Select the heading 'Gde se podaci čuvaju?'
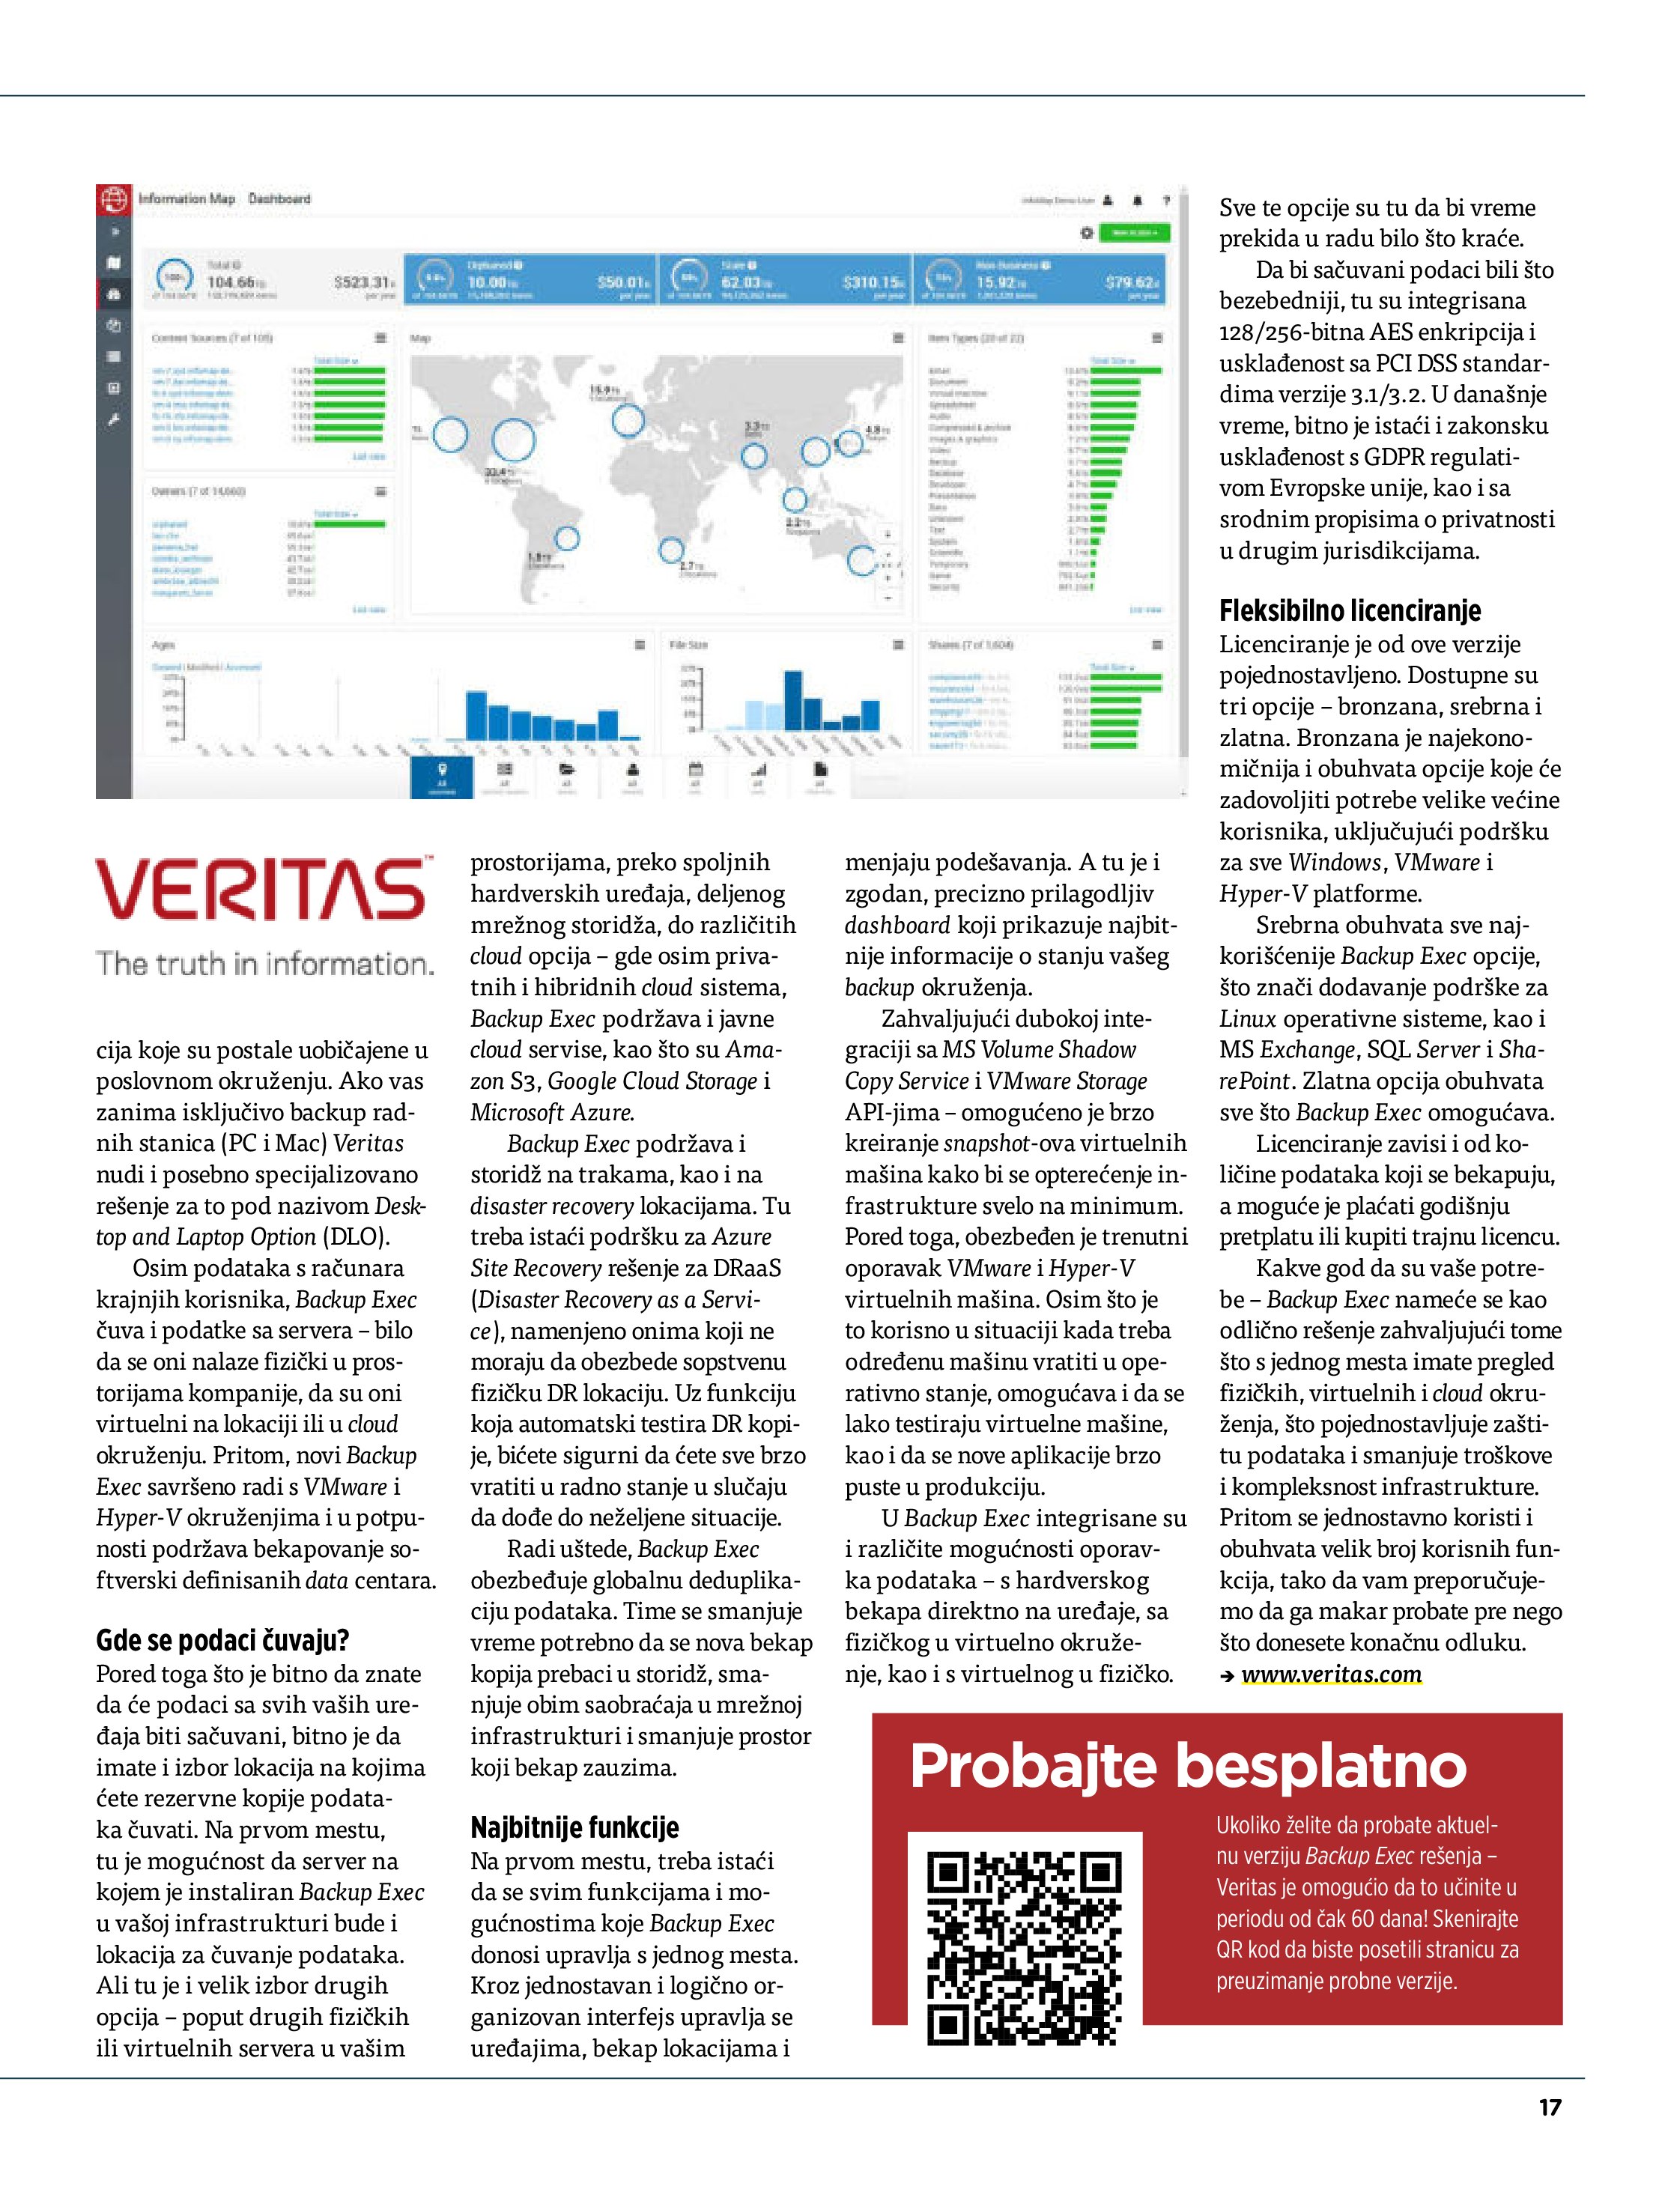(x=222, y=1640)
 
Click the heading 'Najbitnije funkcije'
(x=574, y=1827)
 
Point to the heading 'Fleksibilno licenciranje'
(x=1349, y=610)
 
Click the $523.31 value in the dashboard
(x=364, y=283)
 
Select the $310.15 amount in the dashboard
(x=872, y=283)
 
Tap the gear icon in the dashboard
(x=1086, y=233)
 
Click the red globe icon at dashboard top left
(x=113, y=199)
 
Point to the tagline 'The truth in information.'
(x=264, y=963)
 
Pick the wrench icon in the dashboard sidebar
(x=113, y=419)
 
